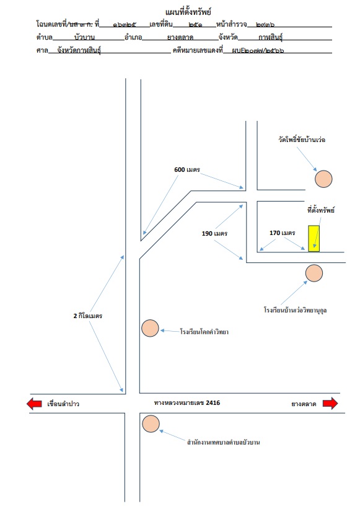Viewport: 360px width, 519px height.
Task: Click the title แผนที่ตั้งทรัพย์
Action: point(188,12)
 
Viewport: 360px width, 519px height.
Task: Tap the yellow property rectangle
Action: point(314,238)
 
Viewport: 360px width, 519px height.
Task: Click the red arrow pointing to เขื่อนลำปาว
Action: point(34,404)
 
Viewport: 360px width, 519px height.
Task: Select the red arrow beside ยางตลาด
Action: point(330,403)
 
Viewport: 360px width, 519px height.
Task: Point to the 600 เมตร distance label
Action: point(187,169)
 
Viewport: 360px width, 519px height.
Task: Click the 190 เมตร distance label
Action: point(214,233)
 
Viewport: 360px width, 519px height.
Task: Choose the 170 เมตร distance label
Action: point(283,233)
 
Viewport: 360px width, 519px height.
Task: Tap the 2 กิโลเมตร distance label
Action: point(88,316)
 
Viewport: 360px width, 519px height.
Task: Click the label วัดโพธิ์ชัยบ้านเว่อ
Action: point(302,140)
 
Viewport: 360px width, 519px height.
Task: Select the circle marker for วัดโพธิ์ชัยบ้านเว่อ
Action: point(323,179)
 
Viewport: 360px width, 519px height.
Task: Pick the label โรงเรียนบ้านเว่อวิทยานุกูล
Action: point(295,310)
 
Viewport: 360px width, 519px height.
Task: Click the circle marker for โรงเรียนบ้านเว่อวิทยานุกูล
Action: point(314,273)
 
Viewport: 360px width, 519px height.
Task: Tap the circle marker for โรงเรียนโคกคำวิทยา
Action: point(150,329)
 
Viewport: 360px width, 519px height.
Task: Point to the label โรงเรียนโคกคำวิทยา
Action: point(204,332)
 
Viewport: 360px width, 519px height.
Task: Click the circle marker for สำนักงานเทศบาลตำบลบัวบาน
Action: point(151,424)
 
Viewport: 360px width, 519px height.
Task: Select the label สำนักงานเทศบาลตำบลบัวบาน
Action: point(223,442)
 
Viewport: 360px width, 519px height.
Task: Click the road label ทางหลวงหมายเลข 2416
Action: point(187,403)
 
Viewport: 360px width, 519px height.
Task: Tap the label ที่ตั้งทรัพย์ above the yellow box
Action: point(320,210)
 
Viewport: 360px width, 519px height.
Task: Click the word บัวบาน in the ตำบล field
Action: point(84,37)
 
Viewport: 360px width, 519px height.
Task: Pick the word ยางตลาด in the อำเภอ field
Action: point(180,37)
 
